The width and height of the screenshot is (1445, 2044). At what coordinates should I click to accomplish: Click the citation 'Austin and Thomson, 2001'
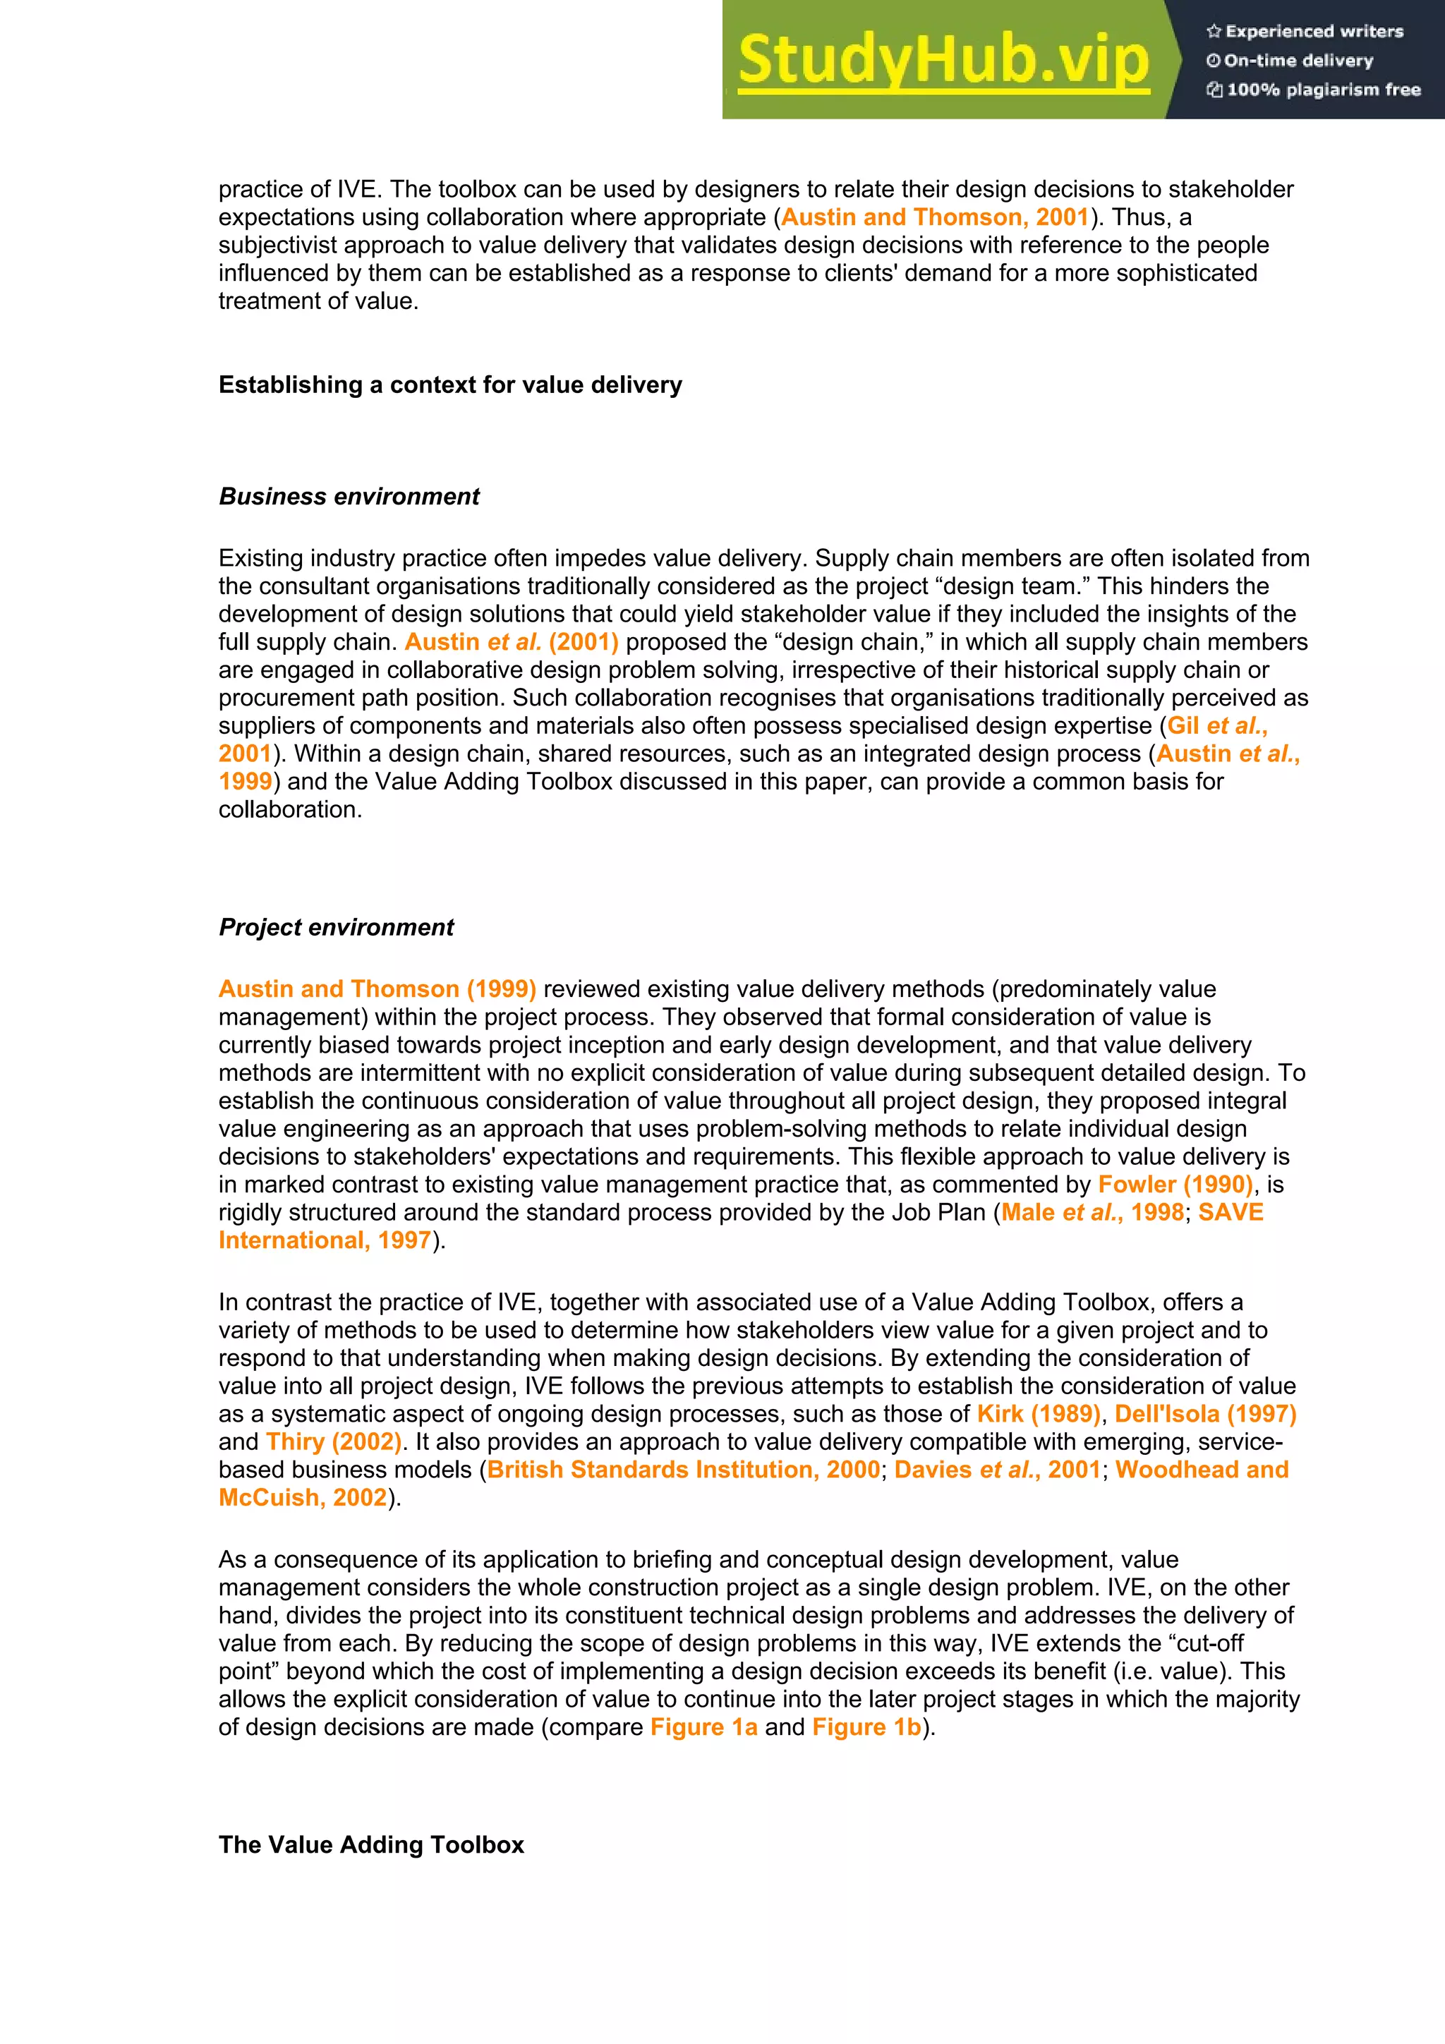(935, 217)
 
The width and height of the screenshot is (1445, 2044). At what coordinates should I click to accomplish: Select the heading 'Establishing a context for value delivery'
(451, 385)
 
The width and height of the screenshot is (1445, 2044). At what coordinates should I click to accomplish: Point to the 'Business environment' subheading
(349, 496)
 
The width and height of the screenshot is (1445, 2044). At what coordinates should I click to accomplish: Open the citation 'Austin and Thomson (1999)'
(377, 989)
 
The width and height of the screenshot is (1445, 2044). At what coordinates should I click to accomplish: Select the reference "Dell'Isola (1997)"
(1206, 1414)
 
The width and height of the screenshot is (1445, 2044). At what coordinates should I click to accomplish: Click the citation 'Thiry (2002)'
(334, 1441)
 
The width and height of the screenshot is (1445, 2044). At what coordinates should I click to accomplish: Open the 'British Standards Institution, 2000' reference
(684, 1469)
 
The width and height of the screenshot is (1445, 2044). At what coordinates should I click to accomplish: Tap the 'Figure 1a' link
(703, 1727)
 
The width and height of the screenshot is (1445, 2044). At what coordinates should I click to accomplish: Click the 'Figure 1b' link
(866, 1727)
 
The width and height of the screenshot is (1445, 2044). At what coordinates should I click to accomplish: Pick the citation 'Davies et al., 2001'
(997, 1469)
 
